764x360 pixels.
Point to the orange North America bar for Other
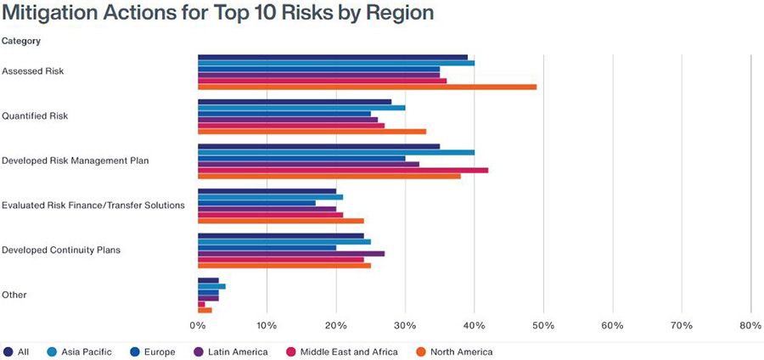coord(205,310)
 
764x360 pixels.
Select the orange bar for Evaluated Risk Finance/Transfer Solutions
coord(280,221)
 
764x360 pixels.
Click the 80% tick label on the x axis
coord(750,326)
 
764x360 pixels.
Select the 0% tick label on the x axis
coord(198,326)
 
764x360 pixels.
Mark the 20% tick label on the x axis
coord(336,326)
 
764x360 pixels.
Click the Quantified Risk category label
coord(35,116)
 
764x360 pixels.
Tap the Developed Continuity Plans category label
coord(61,250)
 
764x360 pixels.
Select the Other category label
coord(14,295)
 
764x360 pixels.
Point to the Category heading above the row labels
coord(21,41)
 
